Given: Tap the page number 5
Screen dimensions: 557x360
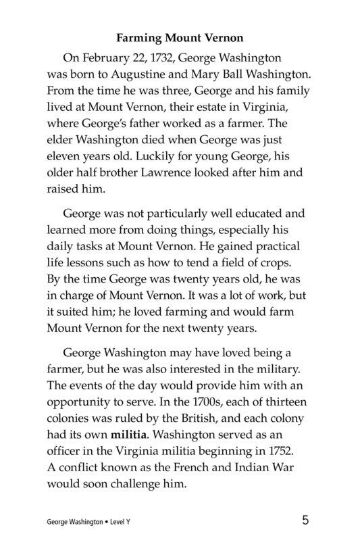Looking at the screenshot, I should (307, 520).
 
